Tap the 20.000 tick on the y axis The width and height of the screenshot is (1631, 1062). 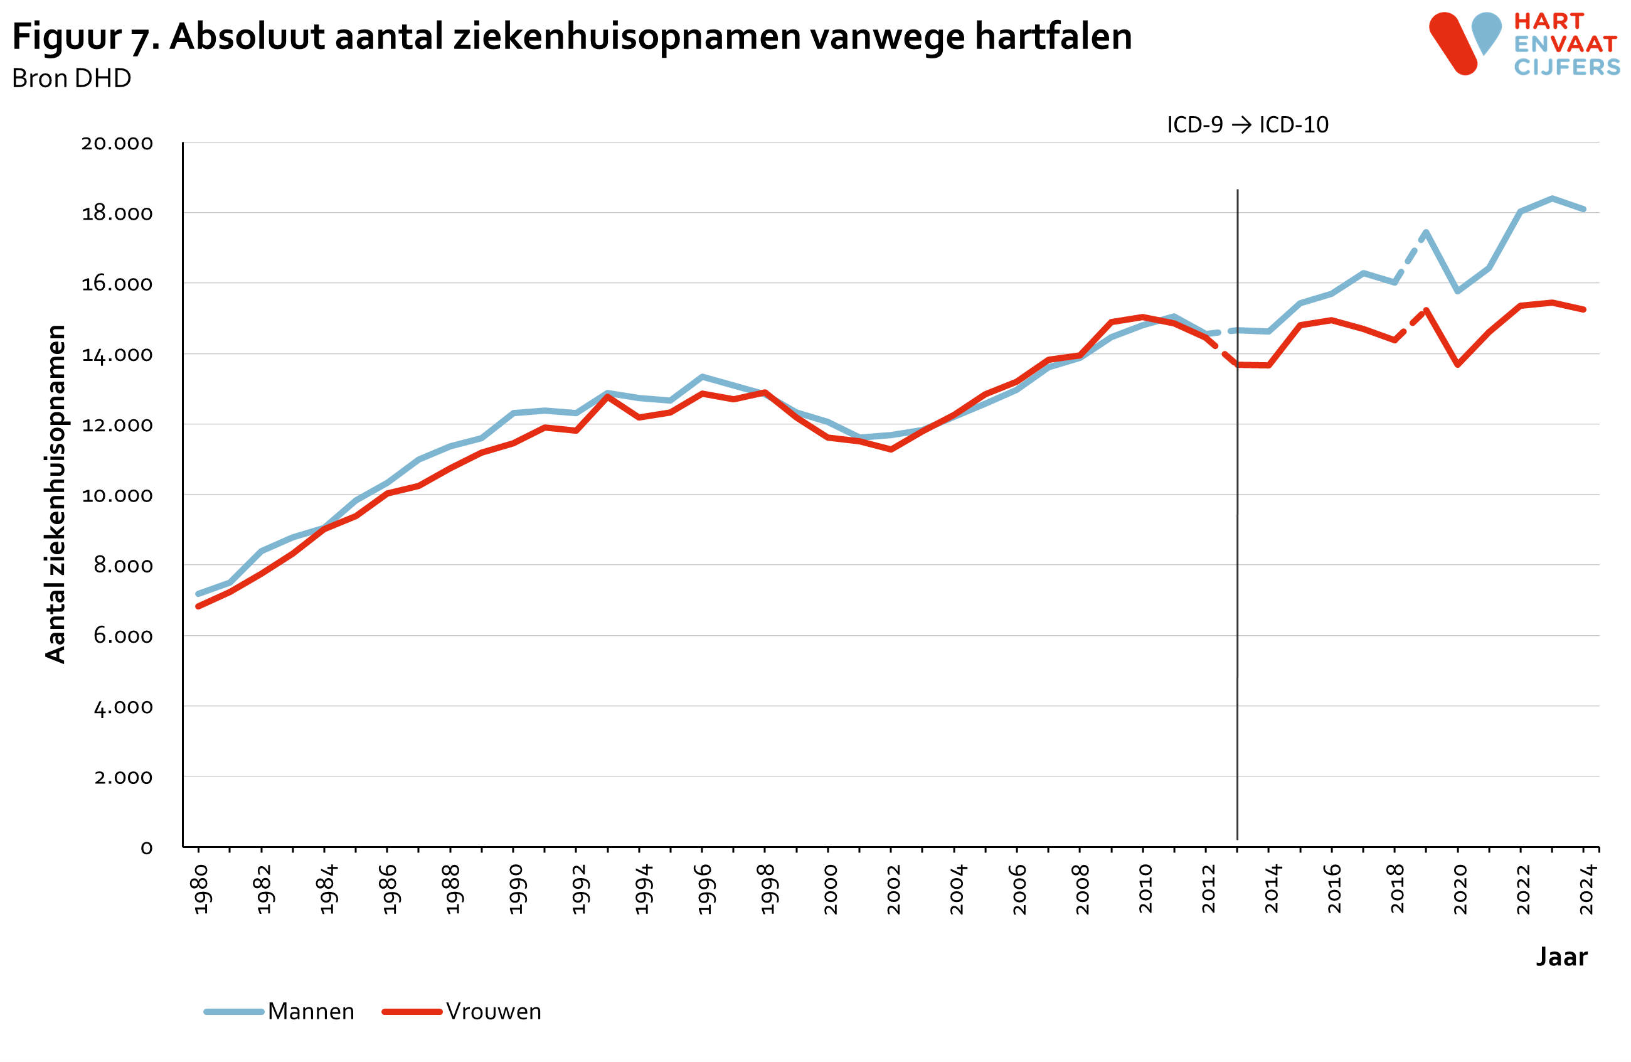(117, 143)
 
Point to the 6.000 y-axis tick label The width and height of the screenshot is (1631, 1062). (123, 636)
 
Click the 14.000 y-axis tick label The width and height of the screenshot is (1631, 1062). (117, 355)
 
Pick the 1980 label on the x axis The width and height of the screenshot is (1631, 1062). (200, 889)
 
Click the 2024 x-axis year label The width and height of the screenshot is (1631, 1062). (1587, 889)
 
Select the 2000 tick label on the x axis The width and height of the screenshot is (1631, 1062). (830, 889)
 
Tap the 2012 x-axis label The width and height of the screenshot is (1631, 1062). (1208, 889)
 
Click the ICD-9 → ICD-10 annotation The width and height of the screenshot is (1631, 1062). (1247, 125)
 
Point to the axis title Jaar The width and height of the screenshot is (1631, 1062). (1561, 957)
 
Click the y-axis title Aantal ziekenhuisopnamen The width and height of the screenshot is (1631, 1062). (55, 493)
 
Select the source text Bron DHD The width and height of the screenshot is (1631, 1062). (72, 79)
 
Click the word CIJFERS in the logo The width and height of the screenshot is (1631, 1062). (1566, 67)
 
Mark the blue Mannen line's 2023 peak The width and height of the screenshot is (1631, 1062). (1552, 199)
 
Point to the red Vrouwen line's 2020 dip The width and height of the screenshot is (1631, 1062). (1458, 365)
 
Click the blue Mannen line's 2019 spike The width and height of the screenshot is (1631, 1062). (1426, 232)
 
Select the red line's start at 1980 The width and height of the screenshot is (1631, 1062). (198, 606)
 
